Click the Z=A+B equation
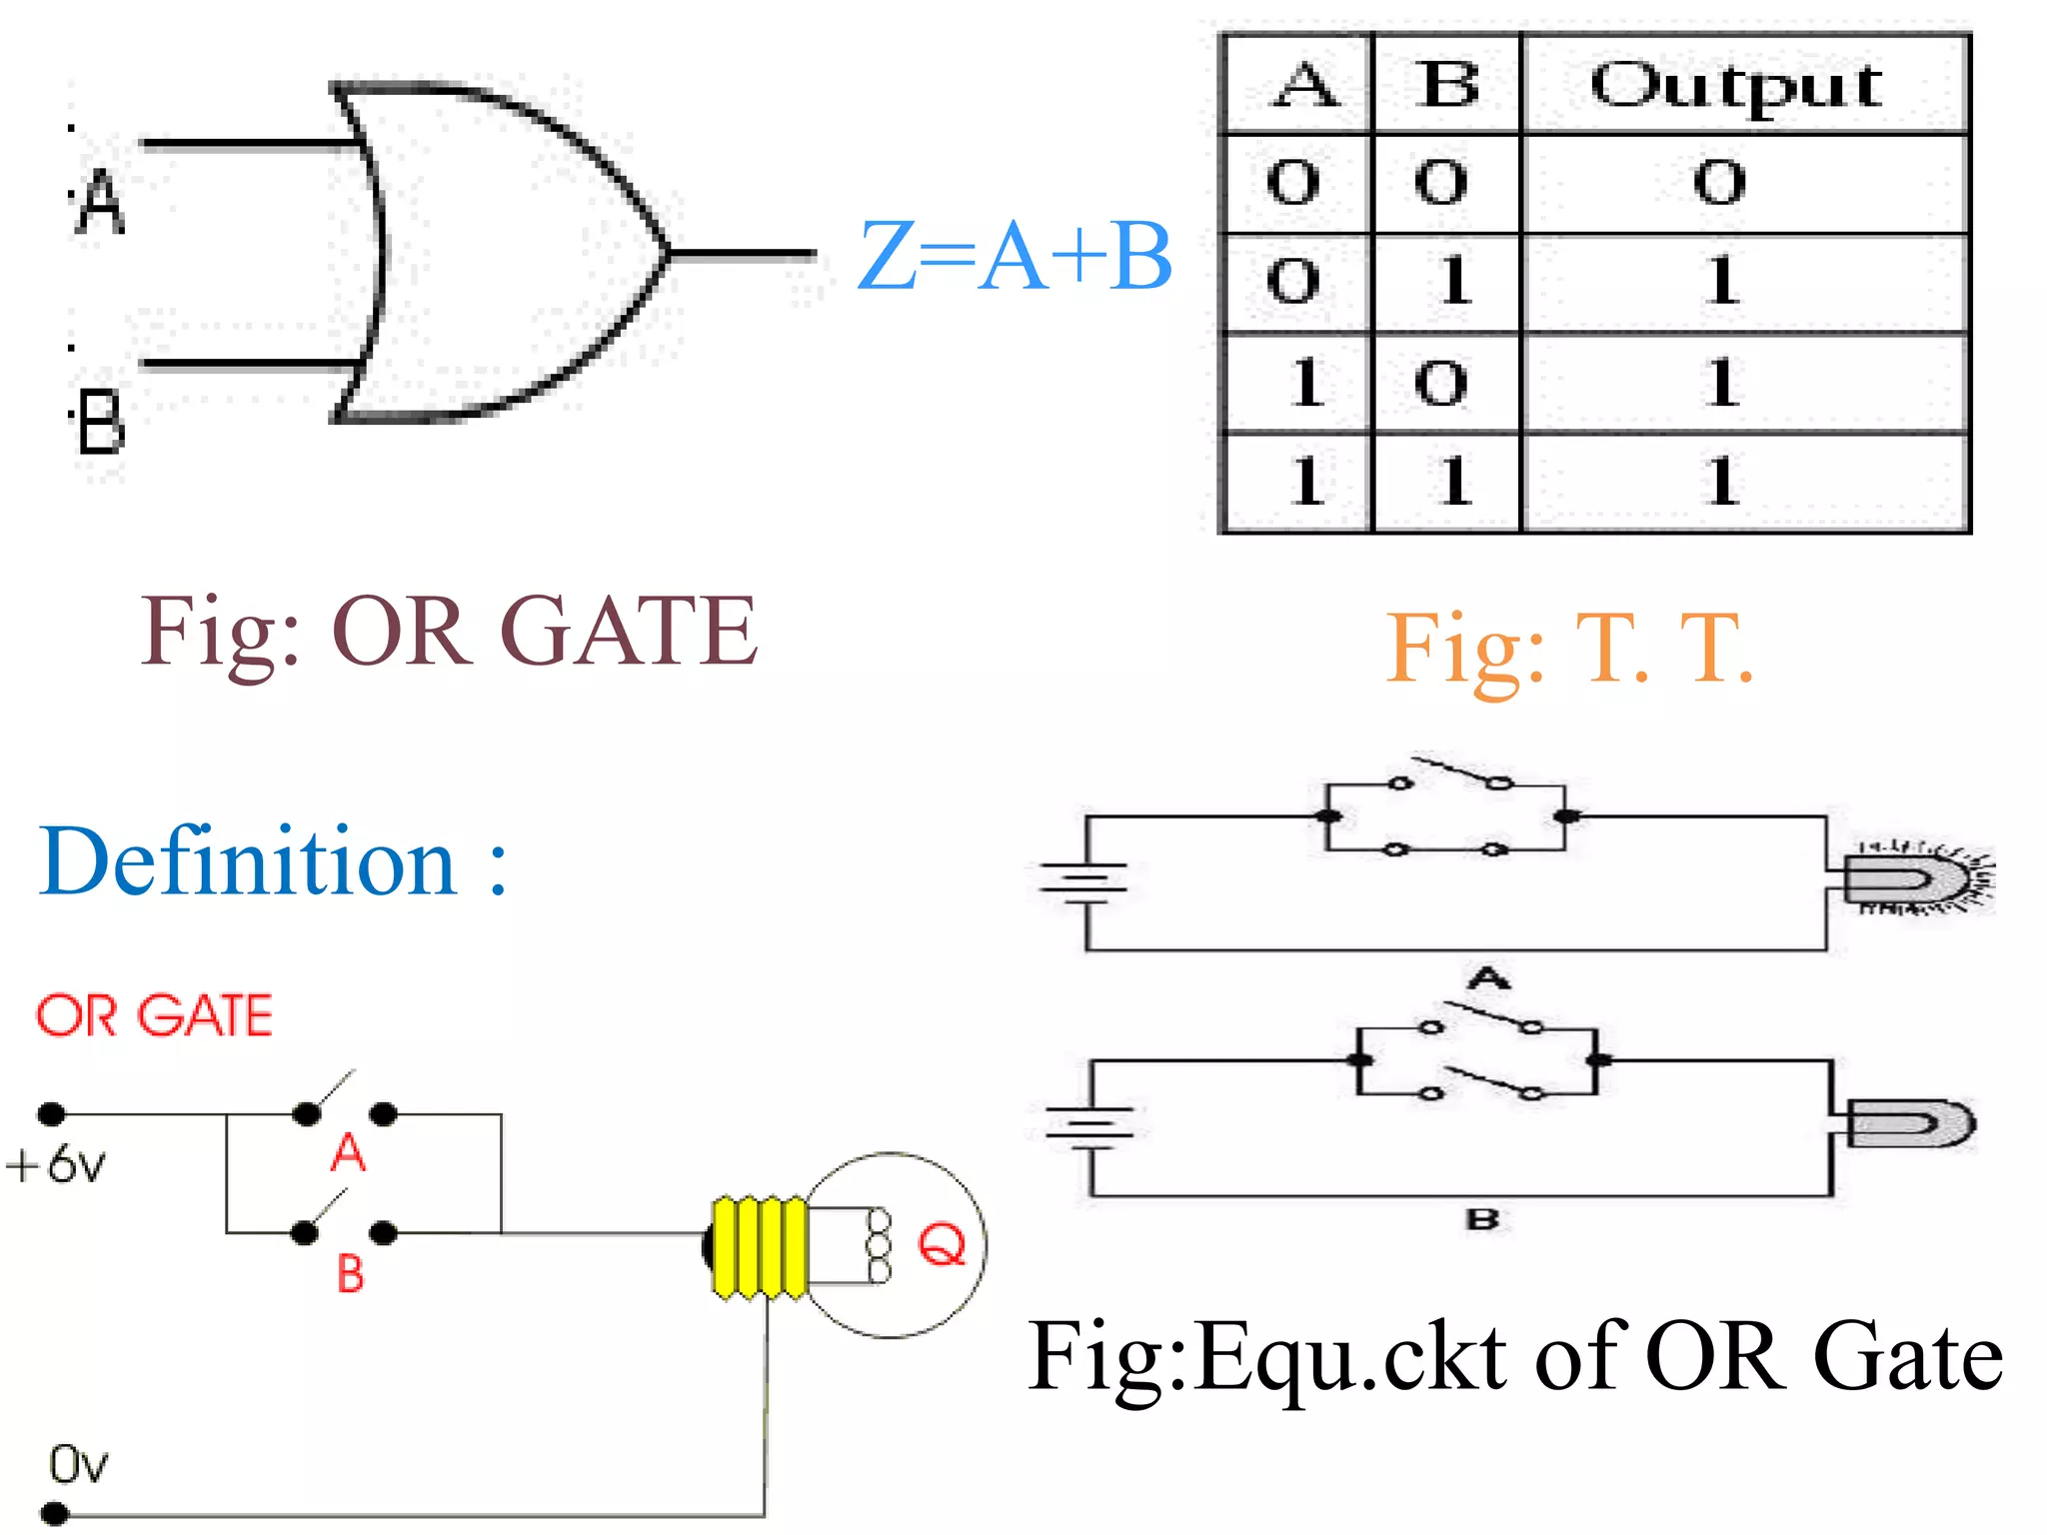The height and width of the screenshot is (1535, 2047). pyautogui.click(x=1015, y=257)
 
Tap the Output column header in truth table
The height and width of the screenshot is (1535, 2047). pyautogui.click(x=1737, y=85)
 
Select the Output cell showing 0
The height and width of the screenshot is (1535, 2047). pyautogui.click(x=1719, y=183)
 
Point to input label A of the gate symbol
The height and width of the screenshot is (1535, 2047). pyautogui.click(x=101, y=202)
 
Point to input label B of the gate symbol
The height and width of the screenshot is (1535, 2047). pyautogui.click(x=101, y=424)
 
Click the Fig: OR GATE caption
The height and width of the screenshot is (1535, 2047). pyautogui.click(x=449, y=632)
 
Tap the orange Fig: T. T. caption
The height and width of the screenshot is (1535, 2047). pyautogui.click(x=1569, y=650)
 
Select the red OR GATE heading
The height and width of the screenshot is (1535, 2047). pyautogui.click(x=155, y=1016)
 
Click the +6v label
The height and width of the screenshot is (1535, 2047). pyautogui.click(x=56, y=1165)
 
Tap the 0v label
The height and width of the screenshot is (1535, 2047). pyautogui.click(x=78, y=1465)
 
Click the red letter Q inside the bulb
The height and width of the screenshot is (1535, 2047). pyautogui.click(x=942, y=1244)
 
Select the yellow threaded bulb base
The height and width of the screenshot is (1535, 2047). pyautogui.click(x=760, y=1247)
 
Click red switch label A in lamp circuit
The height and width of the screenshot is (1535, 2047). pyautogui.click(x=348, y=1153)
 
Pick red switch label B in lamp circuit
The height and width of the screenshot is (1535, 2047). pyautogui.click(x=350, y=1274)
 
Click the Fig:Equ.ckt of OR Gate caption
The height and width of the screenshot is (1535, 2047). pyautogui.click(x=1515, y=1357)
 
